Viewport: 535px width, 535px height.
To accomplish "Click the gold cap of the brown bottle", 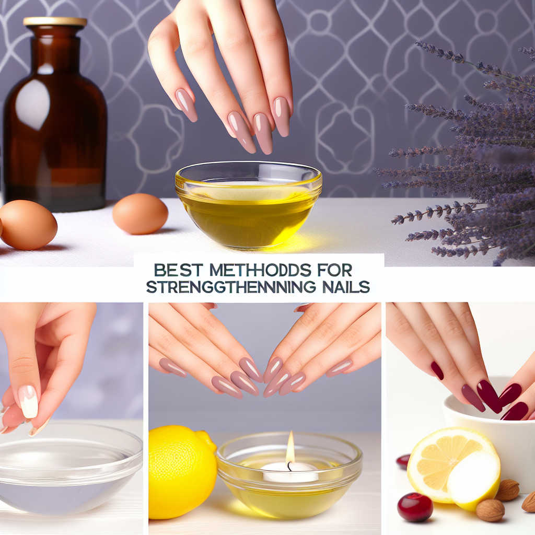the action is click(x=55, y=21).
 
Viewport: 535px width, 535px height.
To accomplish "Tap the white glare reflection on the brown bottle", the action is click(x=32, y=104).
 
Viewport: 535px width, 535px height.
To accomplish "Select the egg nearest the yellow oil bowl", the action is click(x=140, y=214).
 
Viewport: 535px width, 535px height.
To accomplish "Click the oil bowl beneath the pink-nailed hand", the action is click(x=248, y=204).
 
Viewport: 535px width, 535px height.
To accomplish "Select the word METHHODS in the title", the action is click(x=260, y=271).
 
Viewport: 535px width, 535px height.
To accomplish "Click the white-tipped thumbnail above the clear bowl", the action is click(x=29, y=402).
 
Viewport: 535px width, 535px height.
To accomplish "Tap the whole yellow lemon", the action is click(x=182, y=472).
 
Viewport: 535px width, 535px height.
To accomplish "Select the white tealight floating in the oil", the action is click(x=290, y=472).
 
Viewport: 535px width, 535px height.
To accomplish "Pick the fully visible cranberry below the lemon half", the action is click(x=415, y=507).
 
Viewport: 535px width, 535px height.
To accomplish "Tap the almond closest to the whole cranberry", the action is click(x=490, y=510).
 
